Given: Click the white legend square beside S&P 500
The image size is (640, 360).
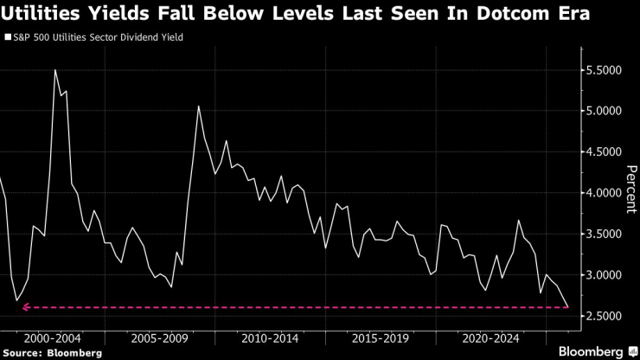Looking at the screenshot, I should (x=8, y=38).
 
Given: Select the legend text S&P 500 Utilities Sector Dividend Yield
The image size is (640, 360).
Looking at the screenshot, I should (x=98, y=38).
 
